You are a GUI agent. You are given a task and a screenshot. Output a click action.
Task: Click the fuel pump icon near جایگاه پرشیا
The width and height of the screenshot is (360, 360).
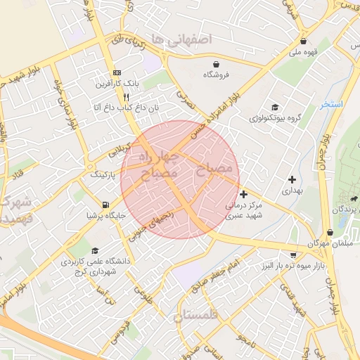click(105, 205)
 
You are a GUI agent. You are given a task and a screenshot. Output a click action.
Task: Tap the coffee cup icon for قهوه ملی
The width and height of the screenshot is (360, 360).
click(303, 41)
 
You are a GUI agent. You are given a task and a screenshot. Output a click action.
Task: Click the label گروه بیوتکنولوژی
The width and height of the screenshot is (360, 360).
click(274, 117)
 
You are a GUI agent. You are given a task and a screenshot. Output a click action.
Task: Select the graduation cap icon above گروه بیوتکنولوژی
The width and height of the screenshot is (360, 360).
click(275, 107)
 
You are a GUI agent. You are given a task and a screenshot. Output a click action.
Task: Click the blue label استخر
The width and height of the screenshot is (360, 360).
click(331, 104)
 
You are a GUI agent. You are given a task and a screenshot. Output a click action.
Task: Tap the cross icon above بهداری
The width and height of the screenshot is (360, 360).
click(292, 179)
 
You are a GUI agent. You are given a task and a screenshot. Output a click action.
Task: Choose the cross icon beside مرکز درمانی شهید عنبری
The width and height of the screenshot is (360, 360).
click(243, 194)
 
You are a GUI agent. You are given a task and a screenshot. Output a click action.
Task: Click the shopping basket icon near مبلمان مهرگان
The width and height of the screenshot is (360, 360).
click(330, 233)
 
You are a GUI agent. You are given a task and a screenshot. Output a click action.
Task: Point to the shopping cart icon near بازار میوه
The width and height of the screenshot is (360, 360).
click(293, 255)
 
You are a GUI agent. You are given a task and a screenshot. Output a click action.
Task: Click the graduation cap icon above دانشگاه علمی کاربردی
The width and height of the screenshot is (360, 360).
click(95, 250)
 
